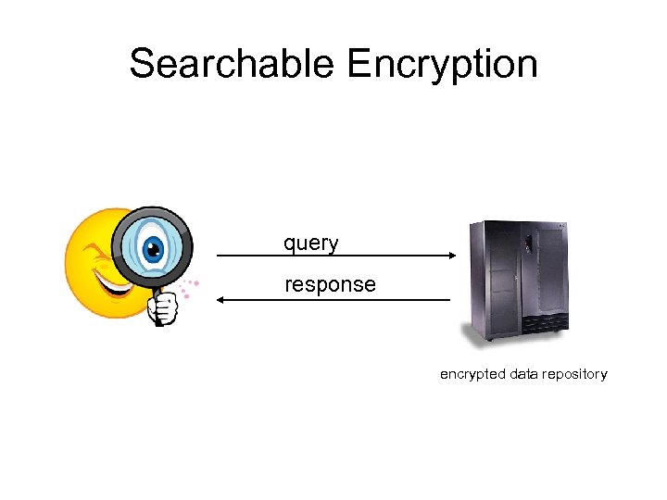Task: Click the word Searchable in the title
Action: click(x=232, y=64)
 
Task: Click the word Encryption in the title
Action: click(x=442, y=64)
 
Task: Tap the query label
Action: click(x=311, y=244)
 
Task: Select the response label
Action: click(x=330, y=285)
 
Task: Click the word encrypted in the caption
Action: click(x=472, y=375)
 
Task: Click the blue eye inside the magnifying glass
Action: click(x=153, y=247)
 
